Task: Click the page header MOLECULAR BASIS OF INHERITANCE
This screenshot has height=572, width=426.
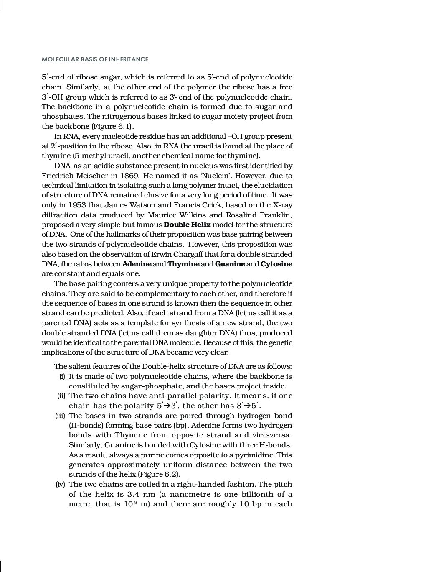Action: [x=95, y=59]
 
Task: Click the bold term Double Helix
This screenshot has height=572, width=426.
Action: [x=187, y=225]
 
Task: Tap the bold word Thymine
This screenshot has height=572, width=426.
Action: [x=183, y=264]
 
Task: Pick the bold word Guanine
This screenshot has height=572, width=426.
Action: [x=230, y=264]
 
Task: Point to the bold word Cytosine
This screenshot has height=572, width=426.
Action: [x=276, y=264]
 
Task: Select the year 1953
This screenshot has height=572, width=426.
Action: [x=77, y=205]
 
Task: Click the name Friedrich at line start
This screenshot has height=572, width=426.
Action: [x=57, y=176]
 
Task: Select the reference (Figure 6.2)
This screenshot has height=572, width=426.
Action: [x=159, y=474]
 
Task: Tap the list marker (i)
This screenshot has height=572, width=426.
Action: [x=62, y=376]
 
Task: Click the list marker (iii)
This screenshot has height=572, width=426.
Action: [x=60, y=416]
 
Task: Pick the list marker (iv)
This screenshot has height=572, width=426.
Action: [x=60, y=484]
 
